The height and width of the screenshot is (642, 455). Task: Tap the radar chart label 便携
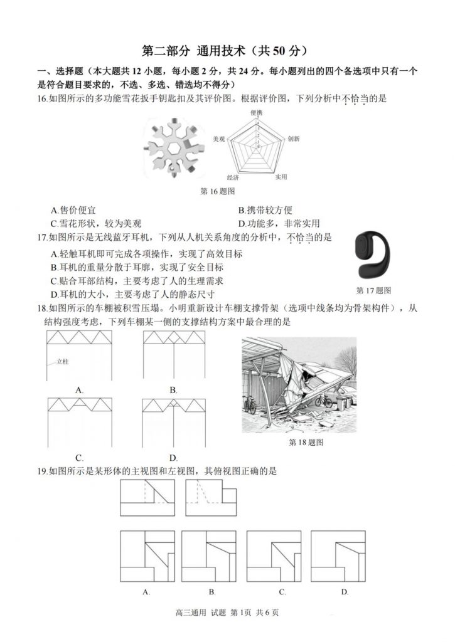click(257, 113)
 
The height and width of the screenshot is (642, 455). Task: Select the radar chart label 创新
click(293, 139)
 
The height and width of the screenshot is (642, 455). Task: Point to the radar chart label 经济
click(233, 177)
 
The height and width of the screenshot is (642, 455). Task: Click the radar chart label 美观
click(219, 139)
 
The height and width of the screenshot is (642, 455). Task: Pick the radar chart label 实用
click(281, 177)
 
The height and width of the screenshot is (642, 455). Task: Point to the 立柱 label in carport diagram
click(62, 362)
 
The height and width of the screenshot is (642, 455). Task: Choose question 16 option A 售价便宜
click(73, 211)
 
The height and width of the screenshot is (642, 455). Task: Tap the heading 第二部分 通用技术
click(227, 50)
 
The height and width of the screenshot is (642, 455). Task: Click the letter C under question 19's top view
click(283, 592)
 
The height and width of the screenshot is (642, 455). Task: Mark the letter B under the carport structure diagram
click(173, 390)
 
